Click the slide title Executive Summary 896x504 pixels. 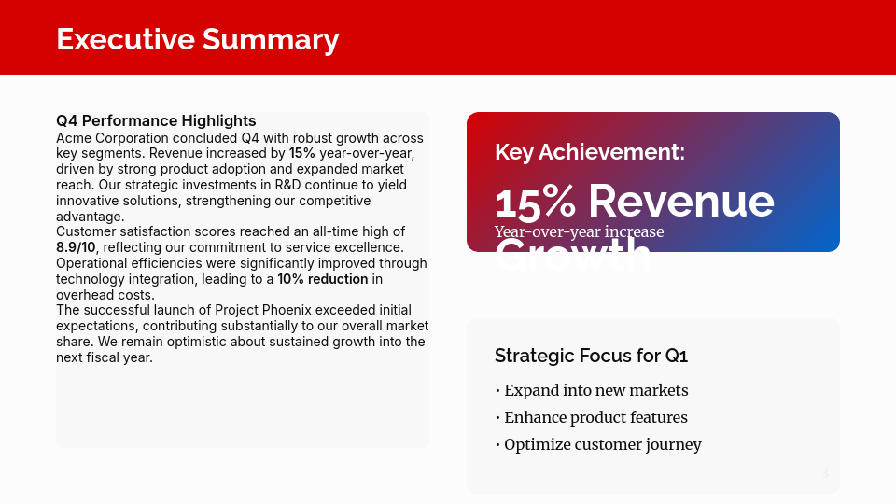pos(197,39)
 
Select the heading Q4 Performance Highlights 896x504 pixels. pos(156,120)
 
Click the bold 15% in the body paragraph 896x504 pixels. pos(301,152)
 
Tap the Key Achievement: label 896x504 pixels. pos(589,152)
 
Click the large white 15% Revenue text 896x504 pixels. pos(634,201)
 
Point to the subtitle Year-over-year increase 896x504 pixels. pos(579,231)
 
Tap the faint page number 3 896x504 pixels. pos(824,474)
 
